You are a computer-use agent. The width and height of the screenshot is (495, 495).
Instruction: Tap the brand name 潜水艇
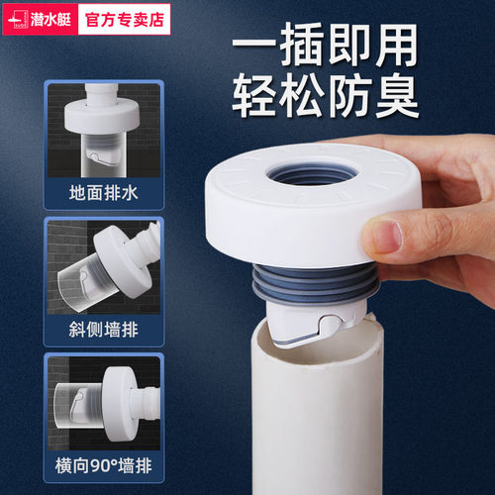(50, 17)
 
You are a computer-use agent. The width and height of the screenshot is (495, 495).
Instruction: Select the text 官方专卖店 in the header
(129, 17)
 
